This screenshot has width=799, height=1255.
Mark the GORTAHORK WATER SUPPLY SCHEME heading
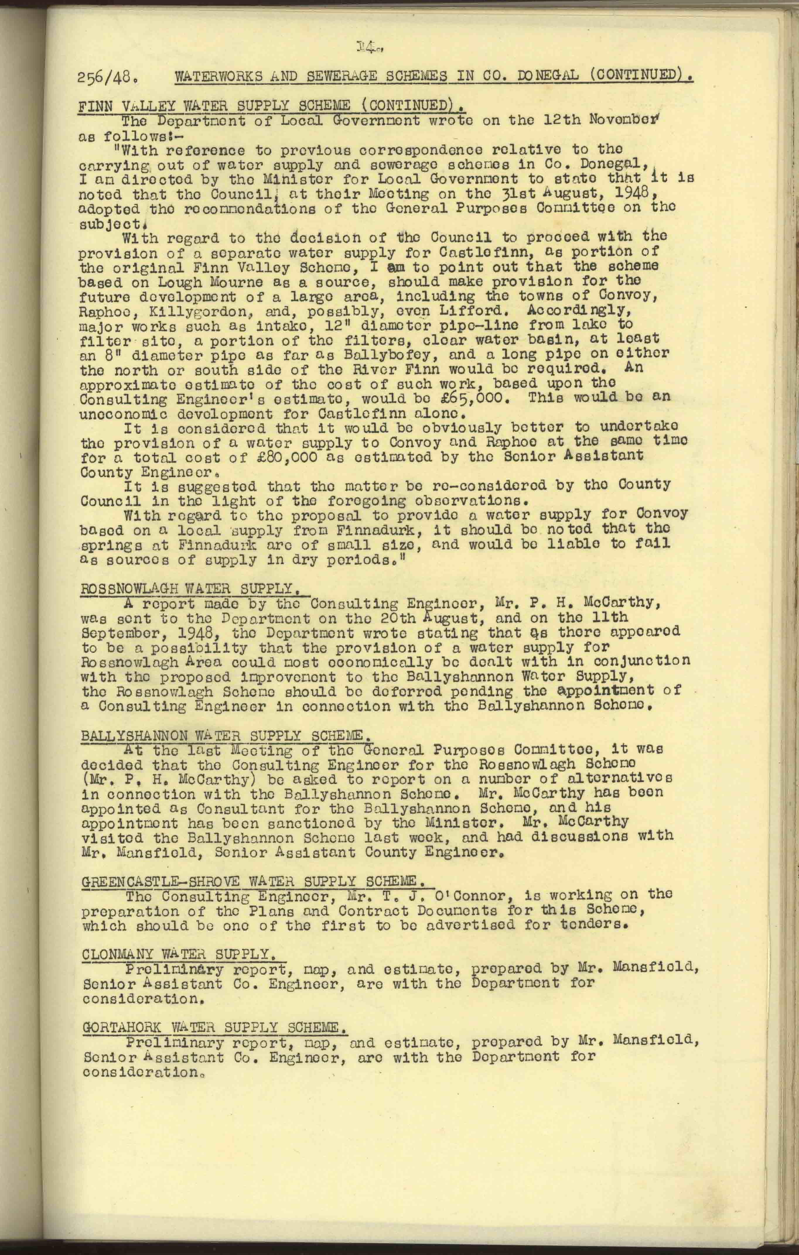point(214,1027)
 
